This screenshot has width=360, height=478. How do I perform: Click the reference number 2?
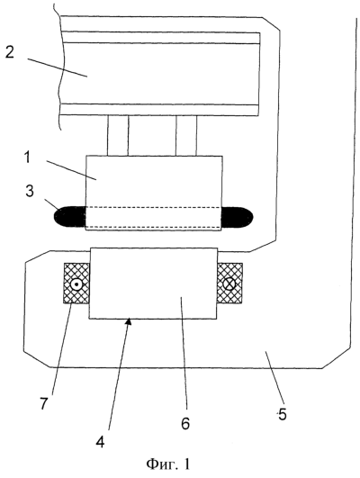[x=9, y=53]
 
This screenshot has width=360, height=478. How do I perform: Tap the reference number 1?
[x=28, y=158]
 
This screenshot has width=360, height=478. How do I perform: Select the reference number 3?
[x=30, y=192]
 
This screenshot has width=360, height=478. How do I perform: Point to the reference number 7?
[x=43, y=404]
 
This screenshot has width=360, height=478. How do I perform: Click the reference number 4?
[x=100, y=441]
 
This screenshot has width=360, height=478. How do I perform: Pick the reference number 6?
[x=185, y=423]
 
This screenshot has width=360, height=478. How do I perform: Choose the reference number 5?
[x=283, y=415]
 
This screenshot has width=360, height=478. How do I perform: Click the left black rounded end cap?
[x=70, y=217]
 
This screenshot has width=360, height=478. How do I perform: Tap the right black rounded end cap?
[x=238, y=217]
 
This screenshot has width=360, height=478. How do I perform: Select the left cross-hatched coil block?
[x=76, y=284]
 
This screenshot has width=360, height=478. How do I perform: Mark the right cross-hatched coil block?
[x=229, y=284]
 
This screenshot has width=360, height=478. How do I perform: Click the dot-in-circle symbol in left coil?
[x=76, y=284]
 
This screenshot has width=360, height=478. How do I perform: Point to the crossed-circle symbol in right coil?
[x=229, y=284]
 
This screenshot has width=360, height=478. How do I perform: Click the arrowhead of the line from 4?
[x=130, y=320]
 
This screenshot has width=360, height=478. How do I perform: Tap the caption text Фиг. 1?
[x=168, y=464]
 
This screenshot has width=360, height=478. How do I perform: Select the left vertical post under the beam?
[x=118, y=136]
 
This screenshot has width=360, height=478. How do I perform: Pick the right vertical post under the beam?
[x=186, y=136]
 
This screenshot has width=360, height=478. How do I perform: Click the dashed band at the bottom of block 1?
[x=154, y=217]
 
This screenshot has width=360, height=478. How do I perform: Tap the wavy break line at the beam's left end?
[x=60, y=68]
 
